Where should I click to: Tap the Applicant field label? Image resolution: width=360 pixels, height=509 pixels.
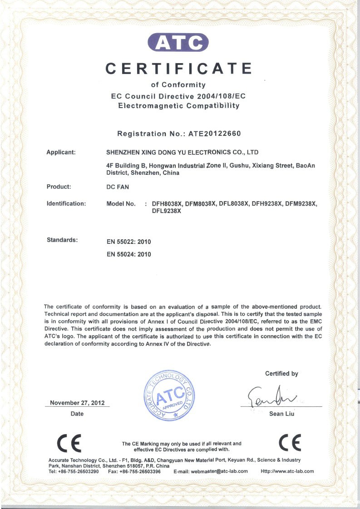point(61,152)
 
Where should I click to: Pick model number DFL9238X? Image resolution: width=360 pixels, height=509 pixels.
point(167,211)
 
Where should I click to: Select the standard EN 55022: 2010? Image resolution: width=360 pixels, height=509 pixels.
point(128,242)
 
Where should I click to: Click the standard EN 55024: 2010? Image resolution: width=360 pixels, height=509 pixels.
point(128,254)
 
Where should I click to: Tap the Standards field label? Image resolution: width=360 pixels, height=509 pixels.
point(62,239)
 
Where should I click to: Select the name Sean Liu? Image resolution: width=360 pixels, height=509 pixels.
point(282,414)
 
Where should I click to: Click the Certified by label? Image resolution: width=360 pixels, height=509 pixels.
point(281,374)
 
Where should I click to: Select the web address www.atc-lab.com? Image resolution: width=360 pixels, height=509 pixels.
point(291,471)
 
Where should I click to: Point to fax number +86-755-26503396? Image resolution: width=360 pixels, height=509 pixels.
point(142,471)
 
